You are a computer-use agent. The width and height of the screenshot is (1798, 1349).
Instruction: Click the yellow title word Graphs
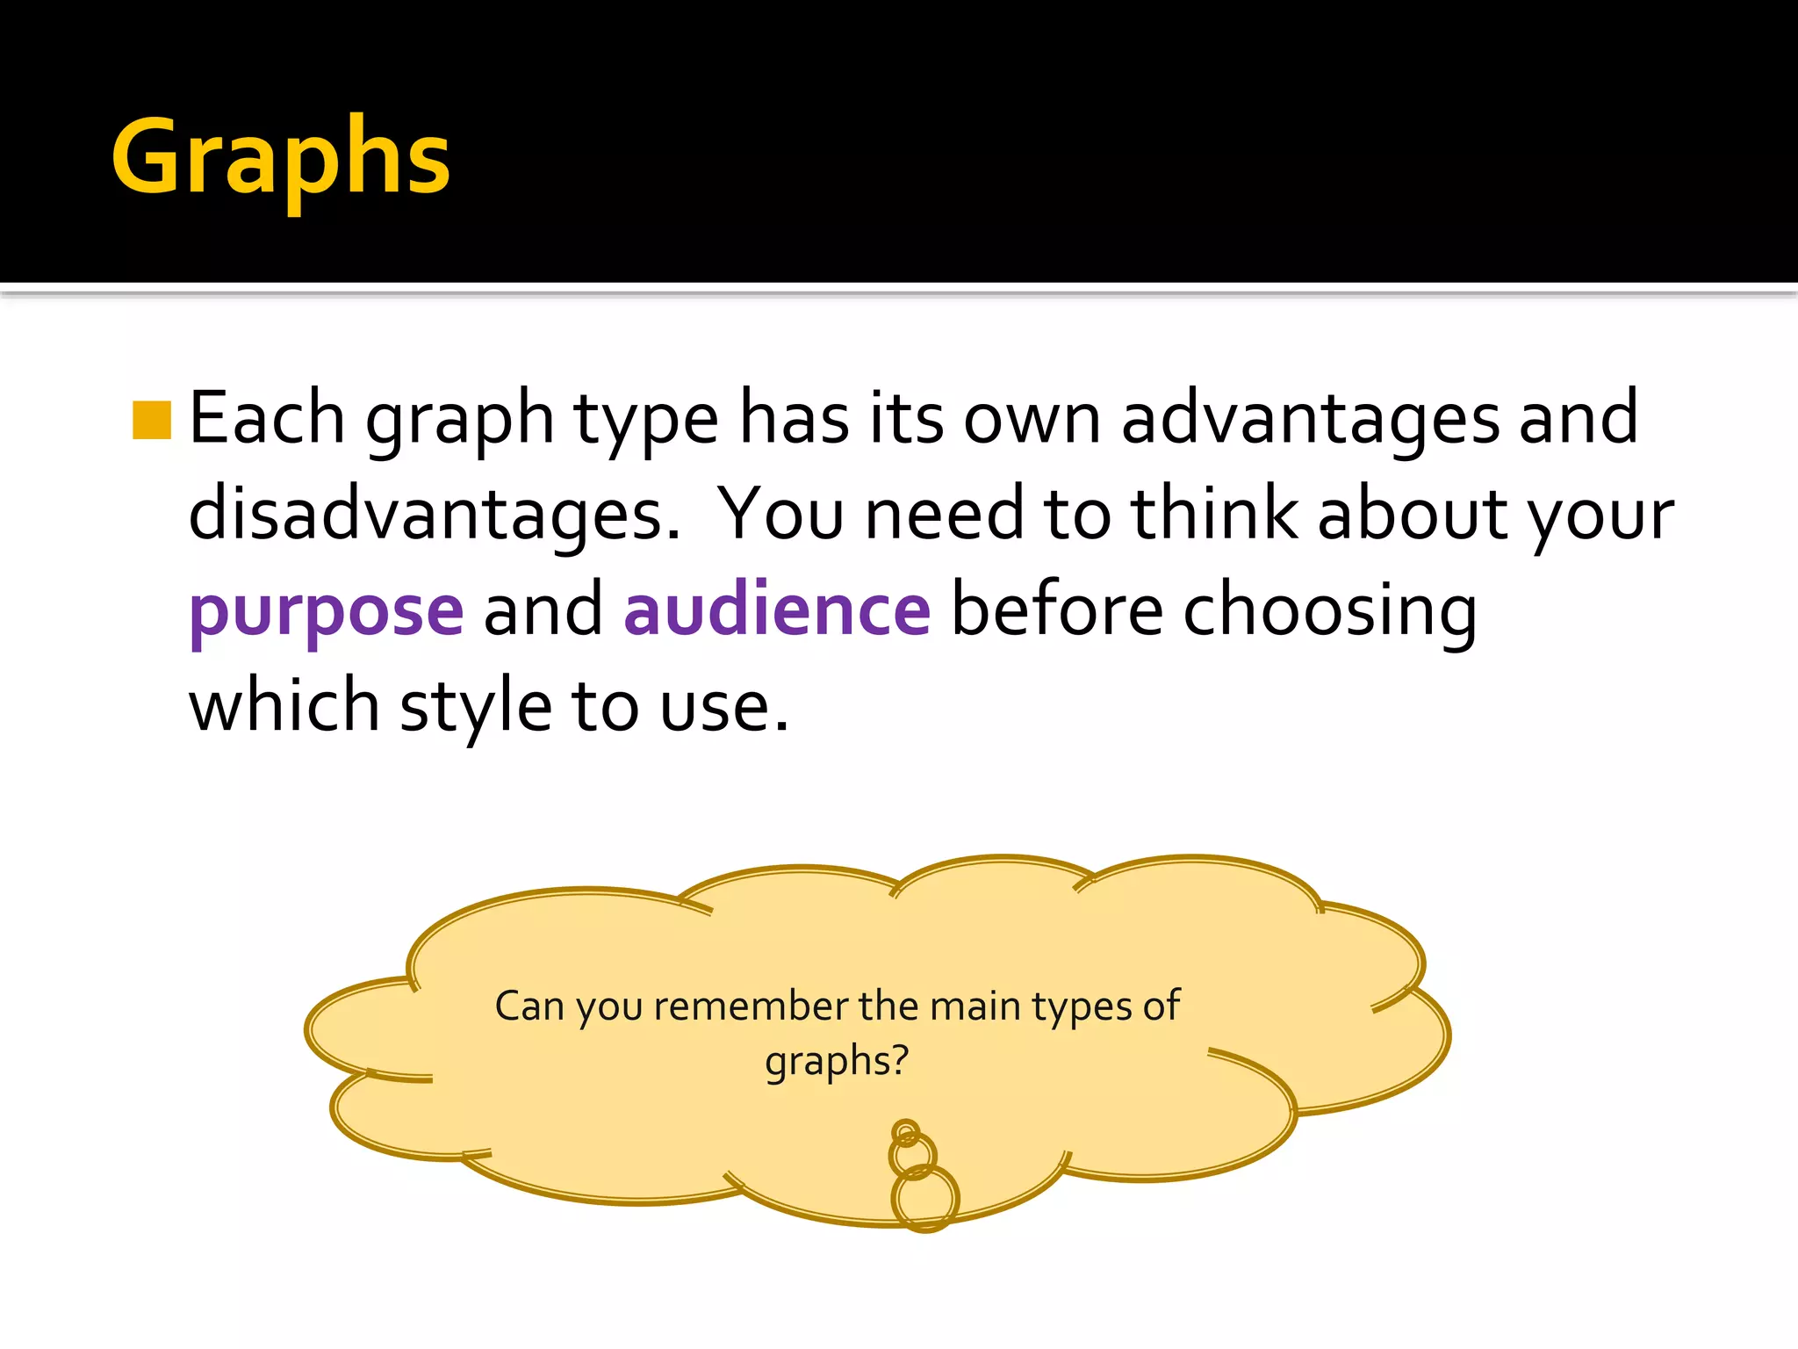[281, 158]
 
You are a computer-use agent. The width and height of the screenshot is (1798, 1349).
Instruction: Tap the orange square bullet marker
[151, 420]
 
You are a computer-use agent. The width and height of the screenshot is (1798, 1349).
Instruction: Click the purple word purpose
[326, 611]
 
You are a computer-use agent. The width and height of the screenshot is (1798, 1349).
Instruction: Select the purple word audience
[777, 610]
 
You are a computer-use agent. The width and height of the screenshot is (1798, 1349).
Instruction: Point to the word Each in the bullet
[267, 418]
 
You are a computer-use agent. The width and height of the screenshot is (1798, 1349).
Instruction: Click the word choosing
[1329, 611]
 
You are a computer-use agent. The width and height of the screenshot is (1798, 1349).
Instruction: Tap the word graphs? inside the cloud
[837, 1061]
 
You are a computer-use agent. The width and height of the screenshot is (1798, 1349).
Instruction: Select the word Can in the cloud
[529, 1006]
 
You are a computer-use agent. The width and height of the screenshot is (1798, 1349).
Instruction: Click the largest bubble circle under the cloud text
[925, 1198]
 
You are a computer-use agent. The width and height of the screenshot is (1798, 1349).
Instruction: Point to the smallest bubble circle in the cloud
[905, 1131]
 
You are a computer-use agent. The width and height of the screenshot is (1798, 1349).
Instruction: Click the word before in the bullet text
[1057, 610]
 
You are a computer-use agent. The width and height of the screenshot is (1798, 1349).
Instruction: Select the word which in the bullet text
[284, 706]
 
